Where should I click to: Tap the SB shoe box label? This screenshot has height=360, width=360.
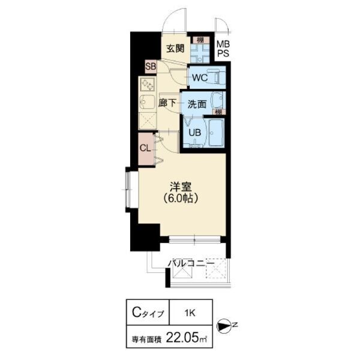150,67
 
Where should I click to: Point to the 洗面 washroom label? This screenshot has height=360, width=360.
197,103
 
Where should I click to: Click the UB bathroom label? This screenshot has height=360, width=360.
195,132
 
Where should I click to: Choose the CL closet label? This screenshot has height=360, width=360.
145,148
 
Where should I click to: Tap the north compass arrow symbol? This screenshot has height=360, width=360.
224,326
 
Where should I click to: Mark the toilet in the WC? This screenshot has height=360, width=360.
218,77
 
